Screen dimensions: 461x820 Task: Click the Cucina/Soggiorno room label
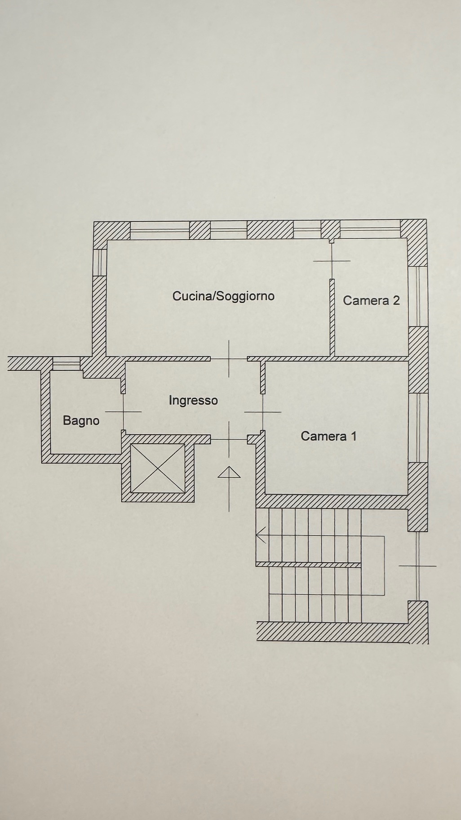[x=223, y=296]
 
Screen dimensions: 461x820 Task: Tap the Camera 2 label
[x=371, y=300]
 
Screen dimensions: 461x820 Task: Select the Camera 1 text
[x=328, y=436]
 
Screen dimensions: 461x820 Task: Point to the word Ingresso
[x=193, y=401]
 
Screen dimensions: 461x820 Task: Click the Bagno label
[x=81, y=421]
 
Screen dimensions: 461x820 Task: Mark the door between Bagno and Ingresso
[x=123, y=411]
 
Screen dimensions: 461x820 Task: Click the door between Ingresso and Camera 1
[x=263, y=411]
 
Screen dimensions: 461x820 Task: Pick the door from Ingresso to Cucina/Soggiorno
[x=229, y=359]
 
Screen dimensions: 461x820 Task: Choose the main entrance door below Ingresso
[x=229, y=439]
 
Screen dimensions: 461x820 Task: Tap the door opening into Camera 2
[x=332, y=261]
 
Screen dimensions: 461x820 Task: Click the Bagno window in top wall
[x=66, y=363]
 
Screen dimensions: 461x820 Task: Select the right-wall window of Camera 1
[x=418, y=428]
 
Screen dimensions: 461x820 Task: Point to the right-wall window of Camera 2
[x=418, y=296]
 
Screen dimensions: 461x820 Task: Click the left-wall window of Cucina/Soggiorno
[x=99, y=262]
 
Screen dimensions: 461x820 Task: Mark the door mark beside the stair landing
[x=418, y=566]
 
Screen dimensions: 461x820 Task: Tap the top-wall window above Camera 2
[x=370, y=229]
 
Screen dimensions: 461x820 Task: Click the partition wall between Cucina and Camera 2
[x=332, y=317]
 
